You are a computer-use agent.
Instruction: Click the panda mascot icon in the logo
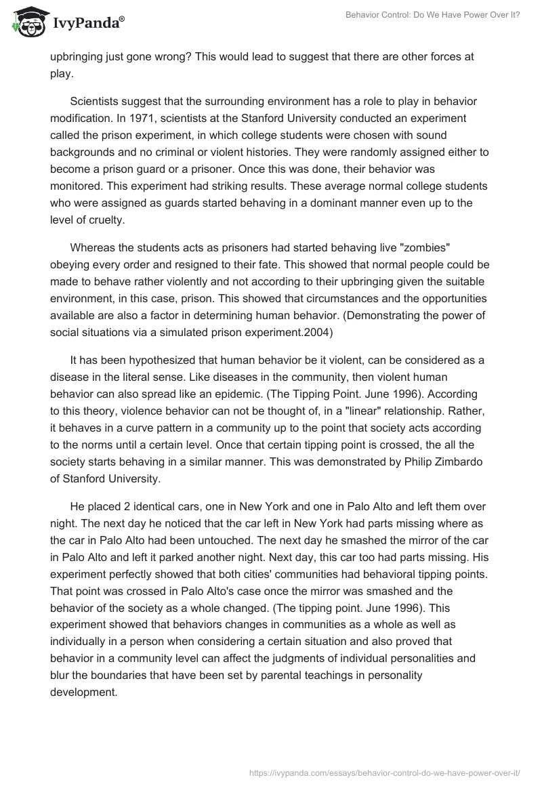(x=25, y=22)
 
